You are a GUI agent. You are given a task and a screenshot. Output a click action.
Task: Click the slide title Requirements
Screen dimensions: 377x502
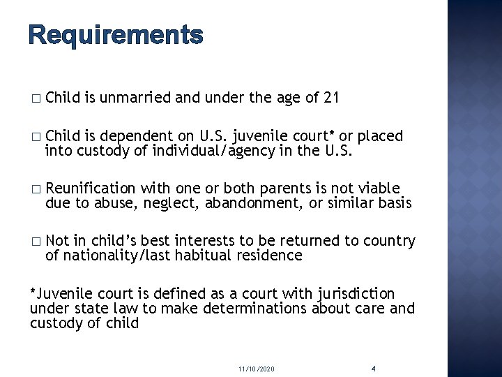[116, 34]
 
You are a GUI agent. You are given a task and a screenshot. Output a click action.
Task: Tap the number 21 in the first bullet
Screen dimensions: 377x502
[330, 99]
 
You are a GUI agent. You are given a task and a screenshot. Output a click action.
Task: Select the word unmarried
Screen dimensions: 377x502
[137, 99]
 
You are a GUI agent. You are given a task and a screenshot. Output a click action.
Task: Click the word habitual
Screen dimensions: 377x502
[201, 255]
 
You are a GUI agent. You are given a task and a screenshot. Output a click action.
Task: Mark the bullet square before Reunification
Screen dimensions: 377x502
[36, 189]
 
